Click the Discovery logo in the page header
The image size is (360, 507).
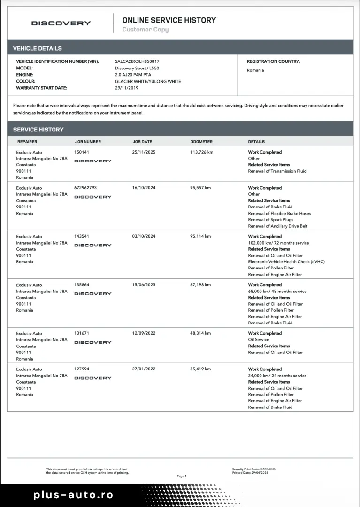(61, 23)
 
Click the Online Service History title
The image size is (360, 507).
(169, 20)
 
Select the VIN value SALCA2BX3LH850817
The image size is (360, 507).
(137, 61)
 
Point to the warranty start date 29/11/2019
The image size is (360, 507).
(127, 88)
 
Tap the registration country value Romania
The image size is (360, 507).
(255, 70)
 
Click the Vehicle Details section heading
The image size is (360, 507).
(37, 48)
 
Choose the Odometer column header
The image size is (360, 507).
(201, 142)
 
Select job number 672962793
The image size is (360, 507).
(85, 188)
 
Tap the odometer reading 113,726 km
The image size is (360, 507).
(202, 152)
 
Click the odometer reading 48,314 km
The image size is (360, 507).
(200, 333)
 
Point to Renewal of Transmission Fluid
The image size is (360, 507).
(277, 171)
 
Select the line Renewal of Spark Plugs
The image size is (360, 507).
(270, 220)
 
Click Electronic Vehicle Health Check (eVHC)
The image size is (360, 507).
(286, 262)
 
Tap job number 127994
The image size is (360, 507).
(82, 369)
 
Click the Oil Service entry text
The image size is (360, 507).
(258, 340)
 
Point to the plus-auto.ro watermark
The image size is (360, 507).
(73, 495)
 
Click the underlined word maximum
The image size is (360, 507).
(128, 106)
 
